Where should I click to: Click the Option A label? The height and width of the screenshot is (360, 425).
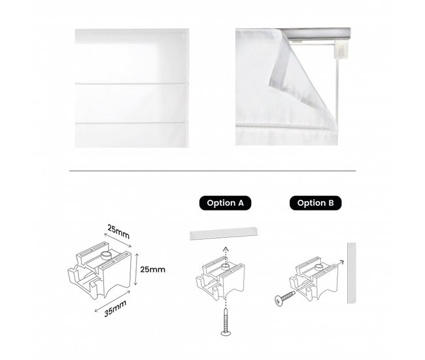(225, 203)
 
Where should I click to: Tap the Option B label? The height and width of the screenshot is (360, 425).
(316, 203)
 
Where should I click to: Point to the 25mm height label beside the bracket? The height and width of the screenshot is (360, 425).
(152, 269)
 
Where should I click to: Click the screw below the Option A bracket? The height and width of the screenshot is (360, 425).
(226, 319)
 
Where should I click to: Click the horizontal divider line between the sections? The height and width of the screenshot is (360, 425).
(212, 171)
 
